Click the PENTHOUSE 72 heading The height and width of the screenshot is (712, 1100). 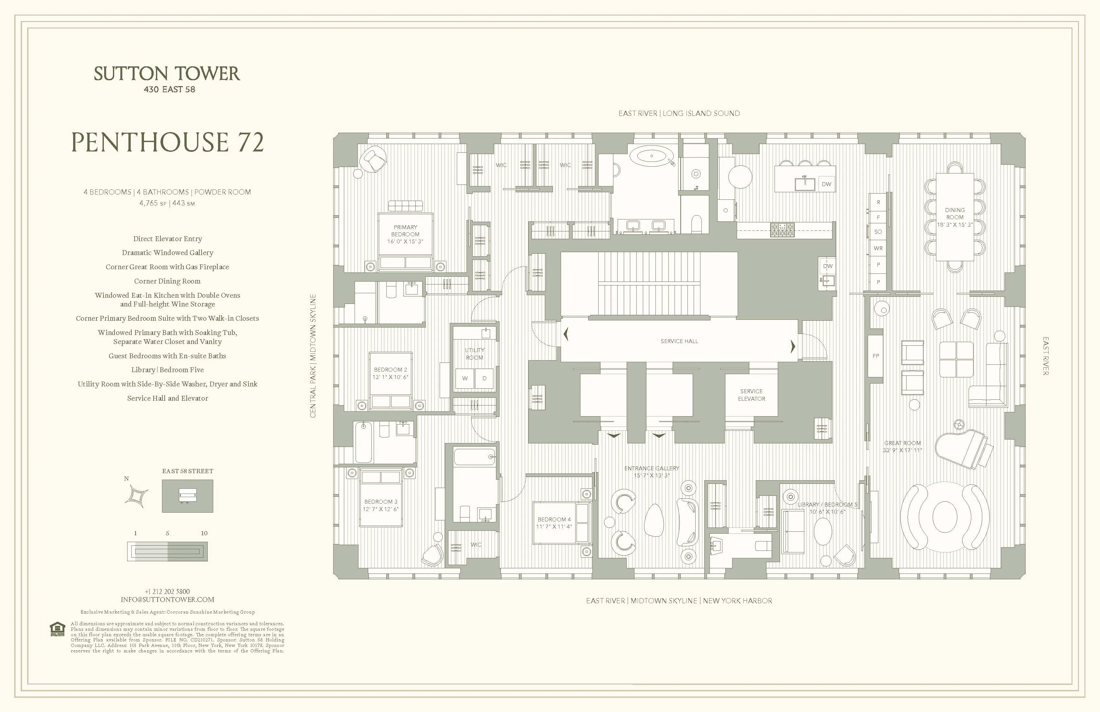(x=167, y=142)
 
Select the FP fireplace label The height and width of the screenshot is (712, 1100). (x=875, y=356)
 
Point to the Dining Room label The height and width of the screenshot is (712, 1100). (x=954, y=214)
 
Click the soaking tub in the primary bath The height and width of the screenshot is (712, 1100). (x=652, y=156)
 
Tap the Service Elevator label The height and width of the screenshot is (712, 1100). (x=751, y=395)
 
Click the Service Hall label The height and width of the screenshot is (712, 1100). (x=679, y=341)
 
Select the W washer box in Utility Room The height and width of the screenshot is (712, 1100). (x=465, y=378)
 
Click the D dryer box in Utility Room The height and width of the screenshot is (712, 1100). (x=484, y=378)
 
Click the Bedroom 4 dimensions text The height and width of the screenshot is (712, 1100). (x=554, y=527)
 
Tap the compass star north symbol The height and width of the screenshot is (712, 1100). (x=137, y=496)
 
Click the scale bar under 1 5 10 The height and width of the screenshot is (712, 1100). (x=167, y=551)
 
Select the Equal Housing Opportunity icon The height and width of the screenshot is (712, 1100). (x=57, y=629)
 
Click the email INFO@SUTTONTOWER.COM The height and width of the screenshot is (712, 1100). (x=167, y=600)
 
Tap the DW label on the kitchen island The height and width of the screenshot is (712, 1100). (x=826, y=184)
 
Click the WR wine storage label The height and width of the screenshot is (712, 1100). (x=878, y=248)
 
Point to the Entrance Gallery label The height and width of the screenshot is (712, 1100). (x=652, y=468)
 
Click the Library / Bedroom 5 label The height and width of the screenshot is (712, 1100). (x=827, y=505)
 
